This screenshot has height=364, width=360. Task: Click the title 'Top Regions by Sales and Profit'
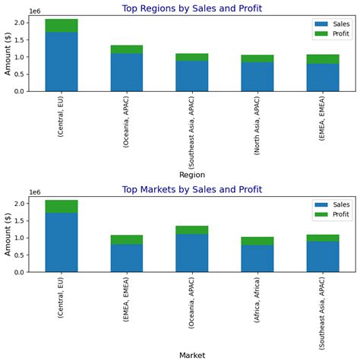pyautogui.click(x=191, y=8)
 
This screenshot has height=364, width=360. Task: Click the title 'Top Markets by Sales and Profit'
pyautogui.click(x=191, y=189)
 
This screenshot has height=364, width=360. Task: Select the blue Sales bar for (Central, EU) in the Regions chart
pyautogui.click(x=62, y=62)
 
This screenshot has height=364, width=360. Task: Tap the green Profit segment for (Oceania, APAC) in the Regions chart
pyautogui.click(x=127, y=49)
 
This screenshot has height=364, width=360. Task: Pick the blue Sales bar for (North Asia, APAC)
pyautogui.click(x=257, y=77)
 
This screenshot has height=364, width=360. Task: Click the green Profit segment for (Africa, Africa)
pyautogui.click(x=257, y=241)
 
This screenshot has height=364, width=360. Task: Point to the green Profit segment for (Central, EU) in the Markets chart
pyautogui.click(x=62, y=206)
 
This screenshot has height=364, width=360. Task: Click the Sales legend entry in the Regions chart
pyautogui.click(x=331, y=24)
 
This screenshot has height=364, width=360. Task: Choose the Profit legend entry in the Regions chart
pyautogui.click(x=331, y=34)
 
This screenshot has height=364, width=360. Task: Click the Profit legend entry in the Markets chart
pyautogui.click(x=331, y=215)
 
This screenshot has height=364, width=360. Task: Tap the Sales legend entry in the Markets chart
pyautogui.click(x=331, y=204)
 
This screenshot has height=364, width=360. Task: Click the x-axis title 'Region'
pyautogui.click(x=192, y=175)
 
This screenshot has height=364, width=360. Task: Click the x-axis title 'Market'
pyautogui.click(x=192, y=355)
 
